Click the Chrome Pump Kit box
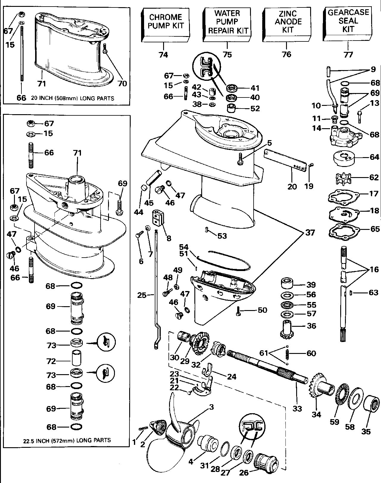165,25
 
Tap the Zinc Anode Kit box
287,24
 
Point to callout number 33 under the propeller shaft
297,409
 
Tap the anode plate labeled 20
285,160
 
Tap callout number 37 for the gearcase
310,233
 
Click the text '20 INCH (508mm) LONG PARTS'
72,98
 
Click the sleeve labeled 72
76,361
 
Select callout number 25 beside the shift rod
142,295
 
